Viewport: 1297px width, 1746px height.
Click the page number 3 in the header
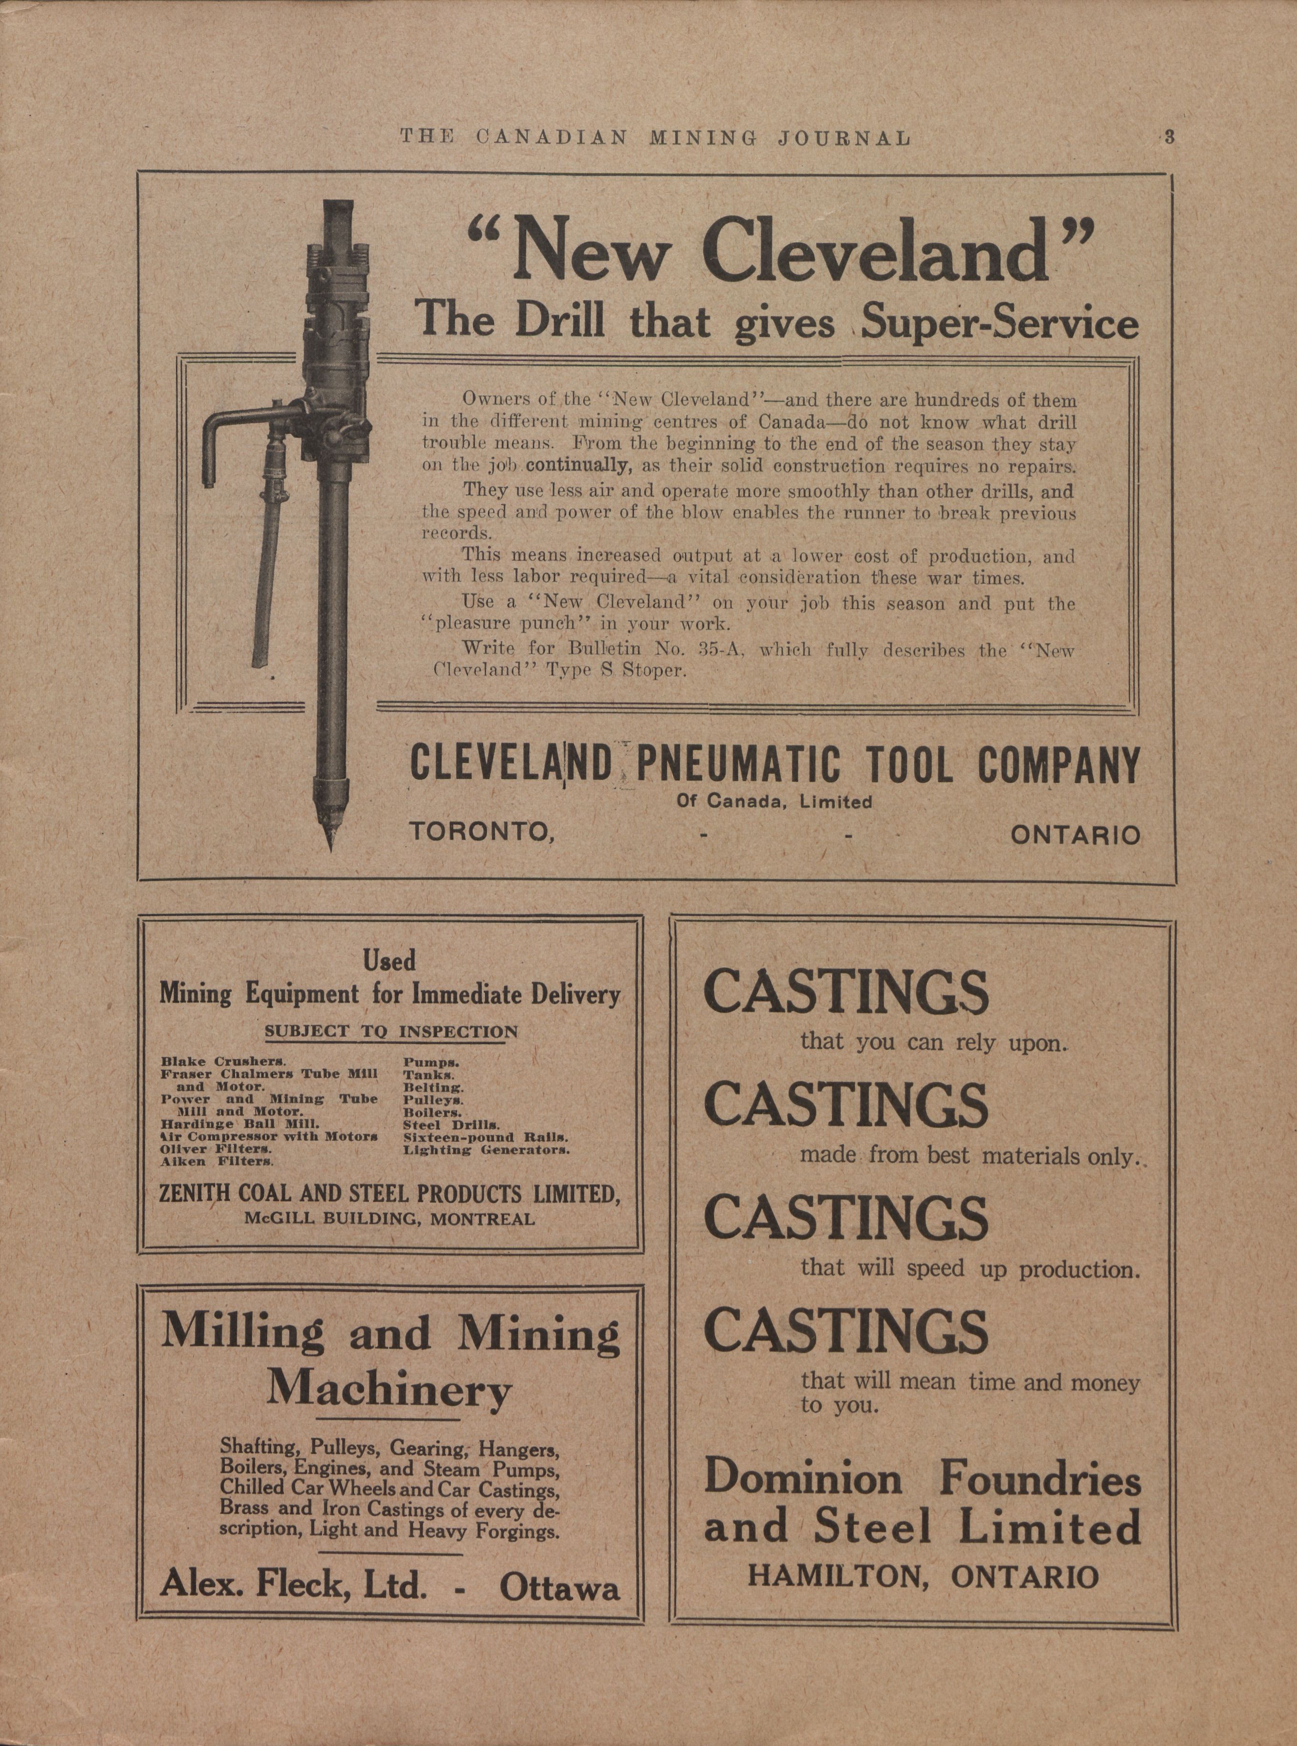1169,137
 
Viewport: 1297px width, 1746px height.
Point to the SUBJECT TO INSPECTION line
391,1032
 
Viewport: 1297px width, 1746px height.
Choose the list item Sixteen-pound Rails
486,1136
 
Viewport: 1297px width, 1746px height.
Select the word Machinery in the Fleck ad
389,1390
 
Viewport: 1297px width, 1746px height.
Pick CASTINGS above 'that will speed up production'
846,1216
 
